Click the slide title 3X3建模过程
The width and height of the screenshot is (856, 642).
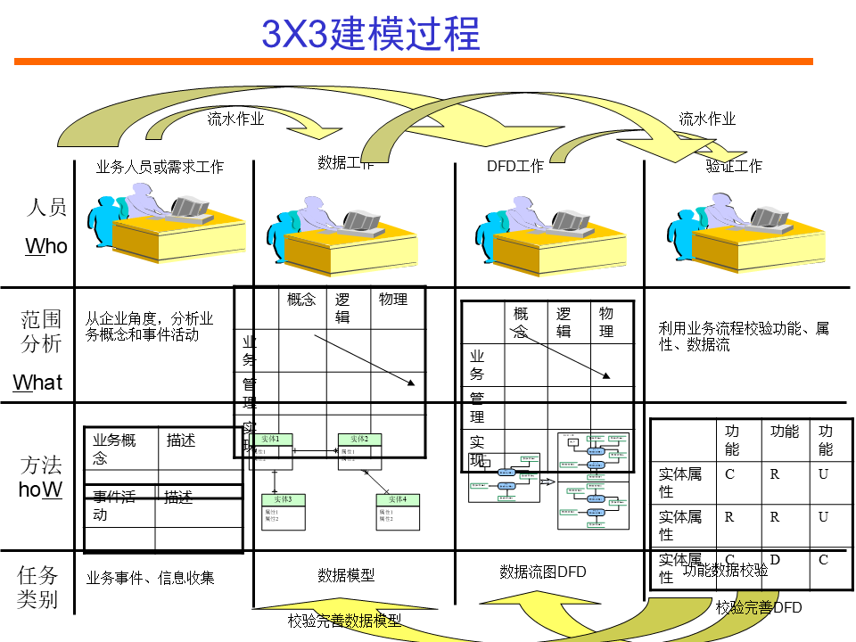click(x=370, y=33)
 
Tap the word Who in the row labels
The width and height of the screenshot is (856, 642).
click(x=46, y=246)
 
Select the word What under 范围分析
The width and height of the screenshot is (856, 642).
click(x=38, y=383)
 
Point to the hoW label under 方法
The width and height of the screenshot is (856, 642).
click(x=40, y=490)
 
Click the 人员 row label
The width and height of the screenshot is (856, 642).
click(x=46, y=208)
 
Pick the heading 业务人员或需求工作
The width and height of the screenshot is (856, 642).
click(x=160, y=167)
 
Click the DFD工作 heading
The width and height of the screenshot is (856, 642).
click(x=514, y=167)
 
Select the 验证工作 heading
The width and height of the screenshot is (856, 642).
click(x=734, y=166)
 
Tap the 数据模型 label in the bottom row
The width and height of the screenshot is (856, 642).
click(x=346, y=575)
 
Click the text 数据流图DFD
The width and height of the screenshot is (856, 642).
click(x=543, y=572)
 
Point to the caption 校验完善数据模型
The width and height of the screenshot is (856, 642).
click(x=344, y=621)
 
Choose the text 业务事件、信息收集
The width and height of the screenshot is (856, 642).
click(x=150, y=578)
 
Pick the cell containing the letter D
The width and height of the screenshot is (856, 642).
click(x=775, y=560)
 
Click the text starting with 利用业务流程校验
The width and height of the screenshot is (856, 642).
click(x=744, y=336)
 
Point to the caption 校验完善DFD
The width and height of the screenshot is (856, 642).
click(x=759, y=608)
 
